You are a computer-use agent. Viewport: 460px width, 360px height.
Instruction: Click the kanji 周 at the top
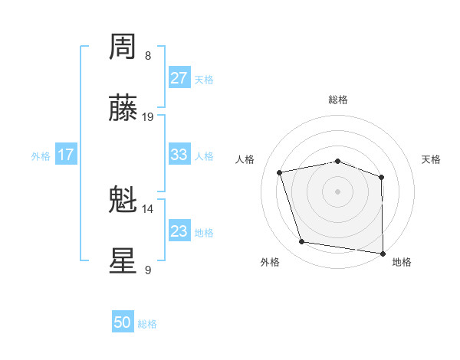pyautogui.click(x=123, y=47)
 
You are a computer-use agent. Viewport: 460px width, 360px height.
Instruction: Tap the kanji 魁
pyautogui.click(x=123, y=201)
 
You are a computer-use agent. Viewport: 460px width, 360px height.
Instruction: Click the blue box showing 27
pyautogui.click(x=179, y=78)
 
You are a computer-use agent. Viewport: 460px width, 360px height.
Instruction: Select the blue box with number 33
pyautogui.click(x=179, y=155)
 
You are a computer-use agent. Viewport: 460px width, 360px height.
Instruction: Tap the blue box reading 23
pyautogui.click(x=179, y=231)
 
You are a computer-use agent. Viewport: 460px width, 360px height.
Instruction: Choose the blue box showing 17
pyautogui.click(x=65, y=155)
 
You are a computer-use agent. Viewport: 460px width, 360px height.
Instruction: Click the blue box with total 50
pyautogui.click(x=123, y=323)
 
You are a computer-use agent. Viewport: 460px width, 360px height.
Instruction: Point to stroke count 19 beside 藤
pyautogui.click(x=148, y=117)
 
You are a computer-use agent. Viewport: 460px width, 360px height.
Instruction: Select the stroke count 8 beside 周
pyautogui.click(x=148, y=56)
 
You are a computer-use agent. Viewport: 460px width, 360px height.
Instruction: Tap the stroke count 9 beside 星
pyautogui.click(x=148, y=270)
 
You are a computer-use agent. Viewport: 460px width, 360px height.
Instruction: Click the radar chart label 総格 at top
pyautogui.click(x=338, y=100)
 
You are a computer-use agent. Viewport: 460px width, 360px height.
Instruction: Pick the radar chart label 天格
pyautogui.click(x=432, y=159)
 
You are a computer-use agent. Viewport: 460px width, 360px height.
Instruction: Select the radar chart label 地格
pyautogui.click(x=402, y=263)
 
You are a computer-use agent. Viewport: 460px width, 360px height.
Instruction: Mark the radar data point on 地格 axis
pyautogui.click(x=383, y=253)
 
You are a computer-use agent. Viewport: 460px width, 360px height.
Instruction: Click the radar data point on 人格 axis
pyautogui.click(x=280, y=172)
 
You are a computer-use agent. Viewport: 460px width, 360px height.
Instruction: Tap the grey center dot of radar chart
pyautogui.click(x=338, y=191)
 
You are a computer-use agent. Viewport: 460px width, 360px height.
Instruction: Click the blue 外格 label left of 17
pyautogui.click(x=41, y=155)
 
